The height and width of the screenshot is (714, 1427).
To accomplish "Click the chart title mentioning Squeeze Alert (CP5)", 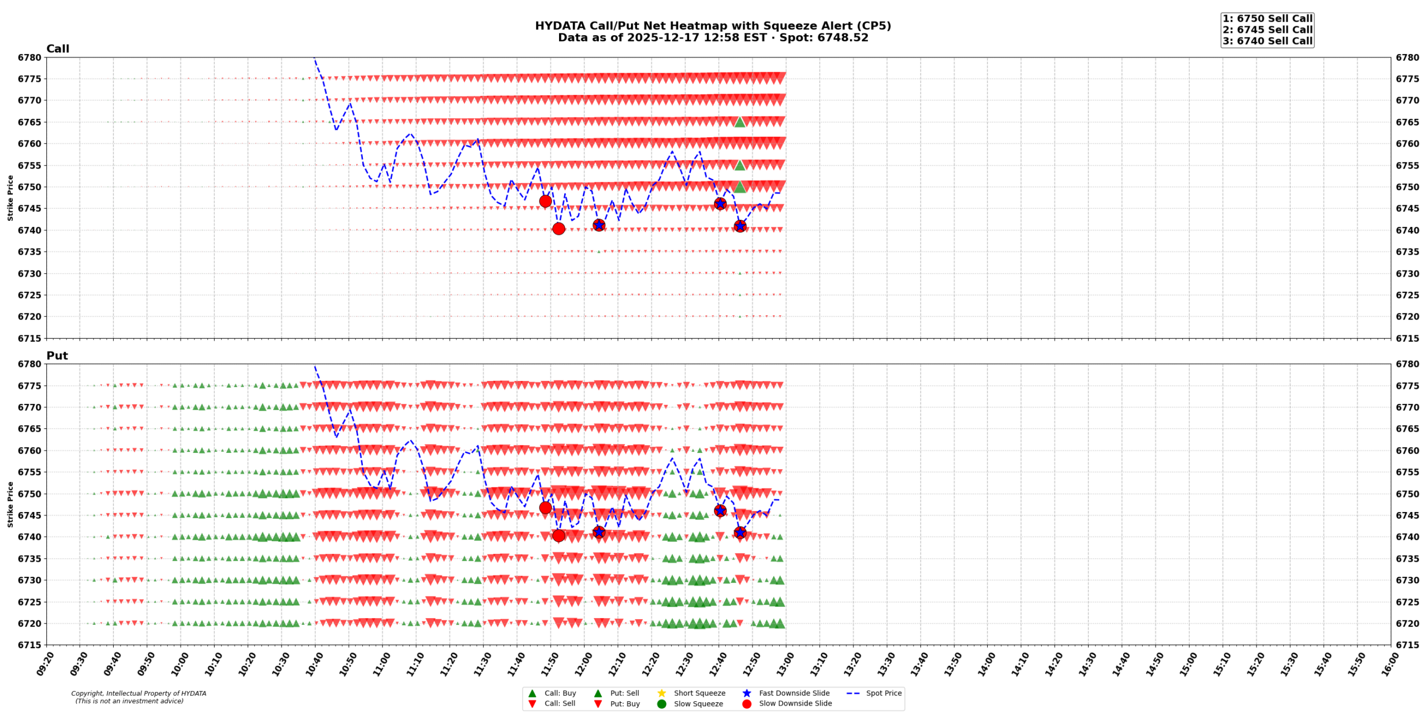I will point(712,26).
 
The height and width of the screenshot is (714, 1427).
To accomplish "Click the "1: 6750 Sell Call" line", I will point(1267,19).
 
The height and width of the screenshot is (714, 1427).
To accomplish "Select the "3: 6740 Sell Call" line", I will point(1267,41).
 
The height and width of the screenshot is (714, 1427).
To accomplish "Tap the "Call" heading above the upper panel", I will point(57,49).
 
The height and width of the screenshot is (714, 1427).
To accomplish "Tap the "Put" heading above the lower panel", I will point(57,356).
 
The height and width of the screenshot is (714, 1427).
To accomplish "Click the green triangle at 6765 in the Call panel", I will point(740,122).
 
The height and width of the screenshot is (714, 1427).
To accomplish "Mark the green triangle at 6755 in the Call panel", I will point(740,165).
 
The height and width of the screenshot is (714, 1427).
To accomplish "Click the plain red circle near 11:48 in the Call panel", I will point(545,201).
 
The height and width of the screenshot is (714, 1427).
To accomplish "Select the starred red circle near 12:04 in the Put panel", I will point(599,532).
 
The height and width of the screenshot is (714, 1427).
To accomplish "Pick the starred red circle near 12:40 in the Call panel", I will point(720,204).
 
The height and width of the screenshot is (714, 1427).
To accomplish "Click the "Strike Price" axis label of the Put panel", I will point(10,504).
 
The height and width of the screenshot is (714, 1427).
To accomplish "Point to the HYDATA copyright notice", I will point(138,697).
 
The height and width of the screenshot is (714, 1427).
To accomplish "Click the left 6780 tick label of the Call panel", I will point(30,57).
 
